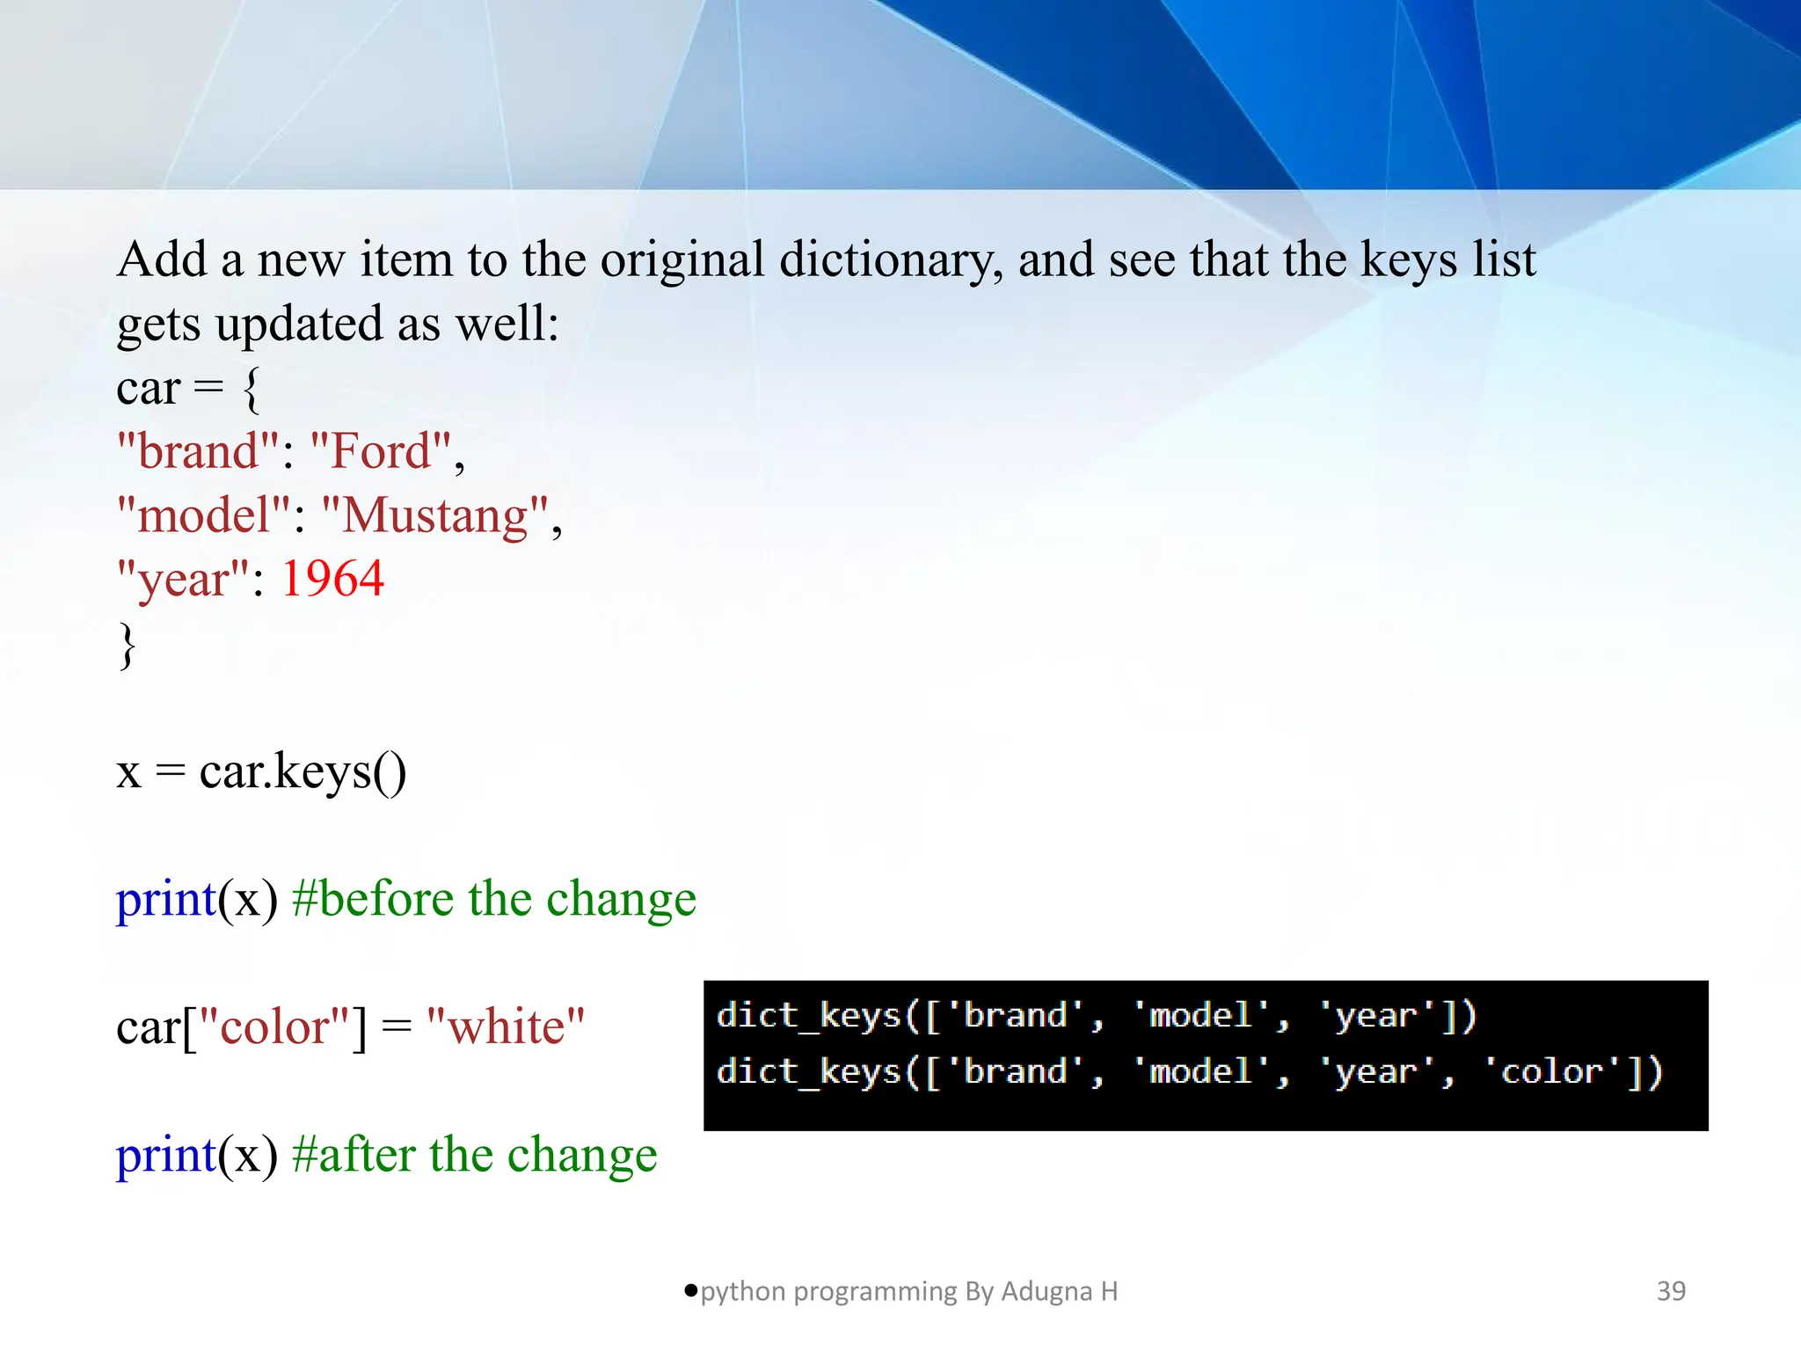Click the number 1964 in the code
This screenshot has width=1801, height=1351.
(332, 579)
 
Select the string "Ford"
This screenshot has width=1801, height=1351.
(381, 451)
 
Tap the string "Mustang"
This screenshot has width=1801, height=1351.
(434, 515)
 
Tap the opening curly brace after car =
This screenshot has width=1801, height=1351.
(251, 389)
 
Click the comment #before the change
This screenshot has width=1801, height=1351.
(494, 899)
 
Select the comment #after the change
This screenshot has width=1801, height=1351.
(475, 1155)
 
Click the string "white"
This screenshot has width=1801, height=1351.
(506, 1026)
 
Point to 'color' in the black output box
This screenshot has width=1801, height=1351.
(1552, 1072)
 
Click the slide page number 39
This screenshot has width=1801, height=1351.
(1671, 1291)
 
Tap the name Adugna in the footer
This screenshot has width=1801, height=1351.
(1045, 1291)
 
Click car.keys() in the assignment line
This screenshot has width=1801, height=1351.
(303, 771)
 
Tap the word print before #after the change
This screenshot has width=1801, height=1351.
(166, 1155)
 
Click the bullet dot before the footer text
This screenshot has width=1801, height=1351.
(691, 1290)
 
